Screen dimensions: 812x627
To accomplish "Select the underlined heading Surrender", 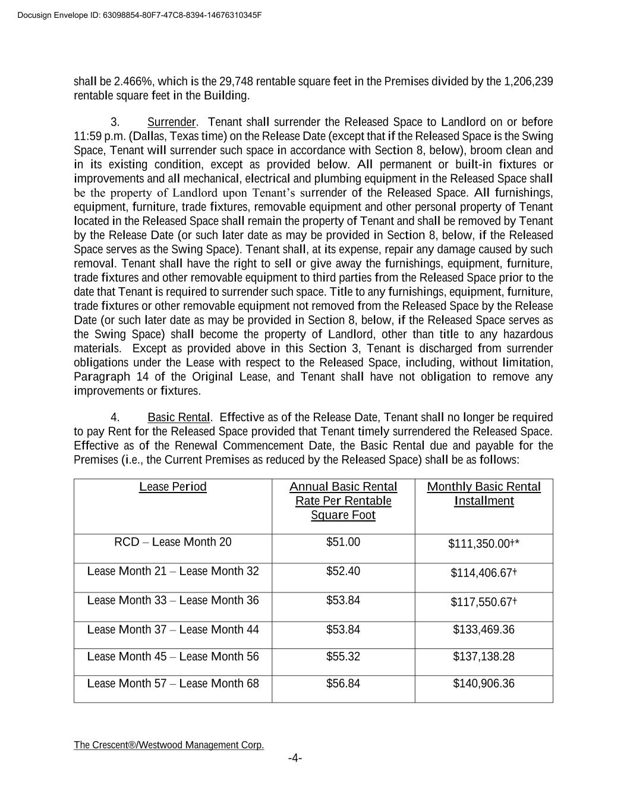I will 171,123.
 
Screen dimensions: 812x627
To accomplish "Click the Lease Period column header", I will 173,487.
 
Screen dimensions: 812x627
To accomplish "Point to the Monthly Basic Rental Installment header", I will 484,494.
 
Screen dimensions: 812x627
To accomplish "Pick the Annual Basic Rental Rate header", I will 343,501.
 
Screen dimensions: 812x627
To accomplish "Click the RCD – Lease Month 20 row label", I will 173,543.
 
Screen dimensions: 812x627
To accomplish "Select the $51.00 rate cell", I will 343,543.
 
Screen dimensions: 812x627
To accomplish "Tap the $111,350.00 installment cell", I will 484,544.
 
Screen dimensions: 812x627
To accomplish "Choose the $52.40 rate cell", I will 343,572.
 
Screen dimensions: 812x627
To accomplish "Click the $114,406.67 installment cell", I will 484,573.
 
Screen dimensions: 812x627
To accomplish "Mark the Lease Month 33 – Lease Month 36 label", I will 173,600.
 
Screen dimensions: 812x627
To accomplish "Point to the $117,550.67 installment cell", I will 484,602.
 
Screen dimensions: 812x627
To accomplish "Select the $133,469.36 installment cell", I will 484,630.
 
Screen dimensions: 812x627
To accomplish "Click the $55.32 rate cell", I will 343,657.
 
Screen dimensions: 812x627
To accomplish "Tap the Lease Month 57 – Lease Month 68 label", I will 173,684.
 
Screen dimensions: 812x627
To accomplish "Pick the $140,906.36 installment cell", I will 484,684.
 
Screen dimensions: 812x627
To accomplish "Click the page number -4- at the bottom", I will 295,758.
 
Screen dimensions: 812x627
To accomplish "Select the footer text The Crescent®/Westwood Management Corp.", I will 169,745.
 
